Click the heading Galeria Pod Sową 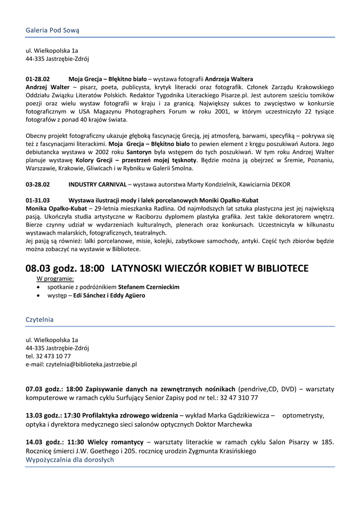52,30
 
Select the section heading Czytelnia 39,319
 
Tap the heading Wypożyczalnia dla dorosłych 70,459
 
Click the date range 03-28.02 38,185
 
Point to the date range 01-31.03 38,200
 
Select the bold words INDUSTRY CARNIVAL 97,185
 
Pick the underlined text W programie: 55,279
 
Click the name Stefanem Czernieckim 148,287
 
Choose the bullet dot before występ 39,295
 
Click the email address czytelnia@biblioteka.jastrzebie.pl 81,364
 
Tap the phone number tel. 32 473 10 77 48,356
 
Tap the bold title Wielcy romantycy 118,442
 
